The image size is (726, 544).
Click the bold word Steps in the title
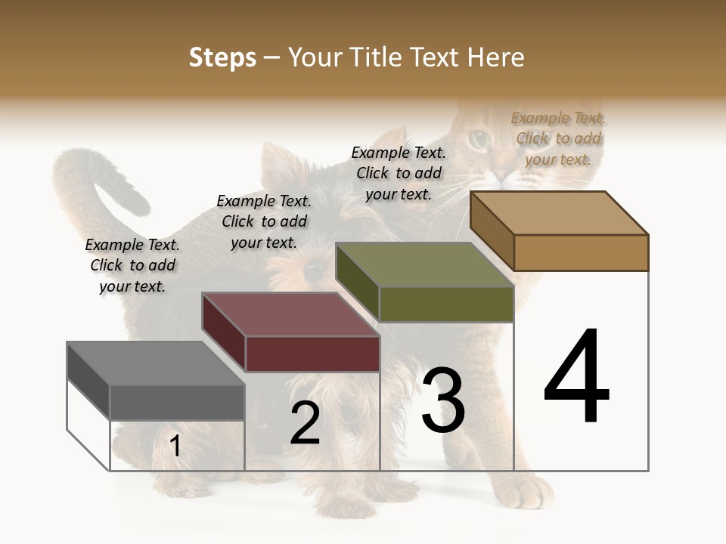coord(222,57)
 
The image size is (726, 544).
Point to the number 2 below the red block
coord(305,423)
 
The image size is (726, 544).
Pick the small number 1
coord(175,446)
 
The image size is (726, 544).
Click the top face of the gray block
coord(155,363)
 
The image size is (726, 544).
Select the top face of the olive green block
coord(425,264)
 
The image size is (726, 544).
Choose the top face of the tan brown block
coord(560,212)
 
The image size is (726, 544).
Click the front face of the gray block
coord(177,402)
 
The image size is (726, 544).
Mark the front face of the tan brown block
coord(581,252)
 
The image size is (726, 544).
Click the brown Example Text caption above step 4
coord(558,138)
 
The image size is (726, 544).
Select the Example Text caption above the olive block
coord(399,173)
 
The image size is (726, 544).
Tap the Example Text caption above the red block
coord(264,221)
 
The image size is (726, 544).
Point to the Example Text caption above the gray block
coord(132,265)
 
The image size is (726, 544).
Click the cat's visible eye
coord(478,139)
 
